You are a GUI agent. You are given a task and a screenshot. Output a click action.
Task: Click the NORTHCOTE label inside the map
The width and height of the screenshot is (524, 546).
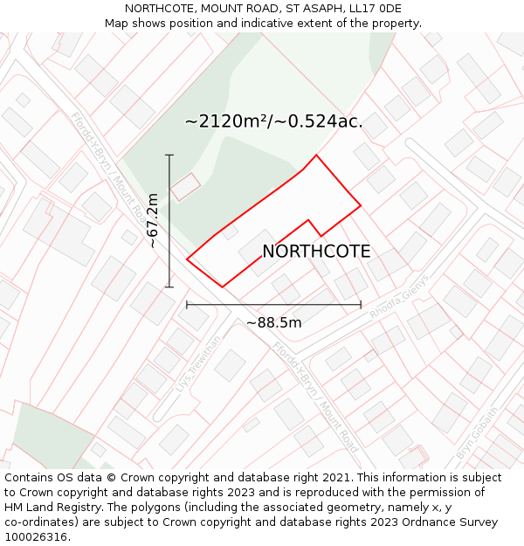(x=316, y=252)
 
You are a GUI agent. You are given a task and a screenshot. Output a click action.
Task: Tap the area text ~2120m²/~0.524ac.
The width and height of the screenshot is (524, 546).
(x=273, y=121)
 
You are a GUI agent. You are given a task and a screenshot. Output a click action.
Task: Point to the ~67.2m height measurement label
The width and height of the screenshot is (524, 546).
(x=153, y=221)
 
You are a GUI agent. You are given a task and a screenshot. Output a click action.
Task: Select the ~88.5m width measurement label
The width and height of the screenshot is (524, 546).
(x=273, y=322)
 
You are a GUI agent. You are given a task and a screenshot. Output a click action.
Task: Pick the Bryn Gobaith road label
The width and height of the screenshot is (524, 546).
(x=478, y=433)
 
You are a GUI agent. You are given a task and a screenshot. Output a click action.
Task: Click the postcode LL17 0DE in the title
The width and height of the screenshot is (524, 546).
(x=373, y=9)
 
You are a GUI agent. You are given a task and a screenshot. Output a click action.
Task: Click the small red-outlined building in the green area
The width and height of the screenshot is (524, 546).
(x=185, y=186)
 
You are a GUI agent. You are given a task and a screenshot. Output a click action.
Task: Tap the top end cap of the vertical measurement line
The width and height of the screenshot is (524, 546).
(x=169, y=156)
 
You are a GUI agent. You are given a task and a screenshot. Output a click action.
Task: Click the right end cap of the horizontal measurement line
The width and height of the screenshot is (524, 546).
(x=361, y=305)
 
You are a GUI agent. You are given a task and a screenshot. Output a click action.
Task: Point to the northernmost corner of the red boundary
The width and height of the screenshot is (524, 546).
(x=316, y=156)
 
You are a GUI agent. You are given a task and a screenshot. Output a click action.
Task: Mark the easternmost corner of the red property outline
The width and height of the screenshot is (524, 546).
(x=361, y=206)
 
